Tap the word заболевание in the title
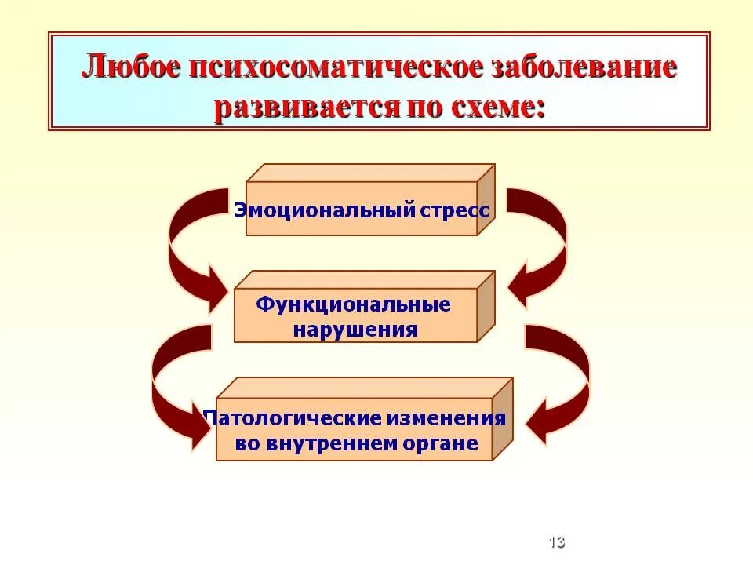584,68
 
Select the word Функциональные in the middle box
354,304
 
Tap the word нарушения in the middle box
355,329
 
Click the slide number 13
557,541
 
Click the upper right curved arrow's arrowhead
522,287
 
